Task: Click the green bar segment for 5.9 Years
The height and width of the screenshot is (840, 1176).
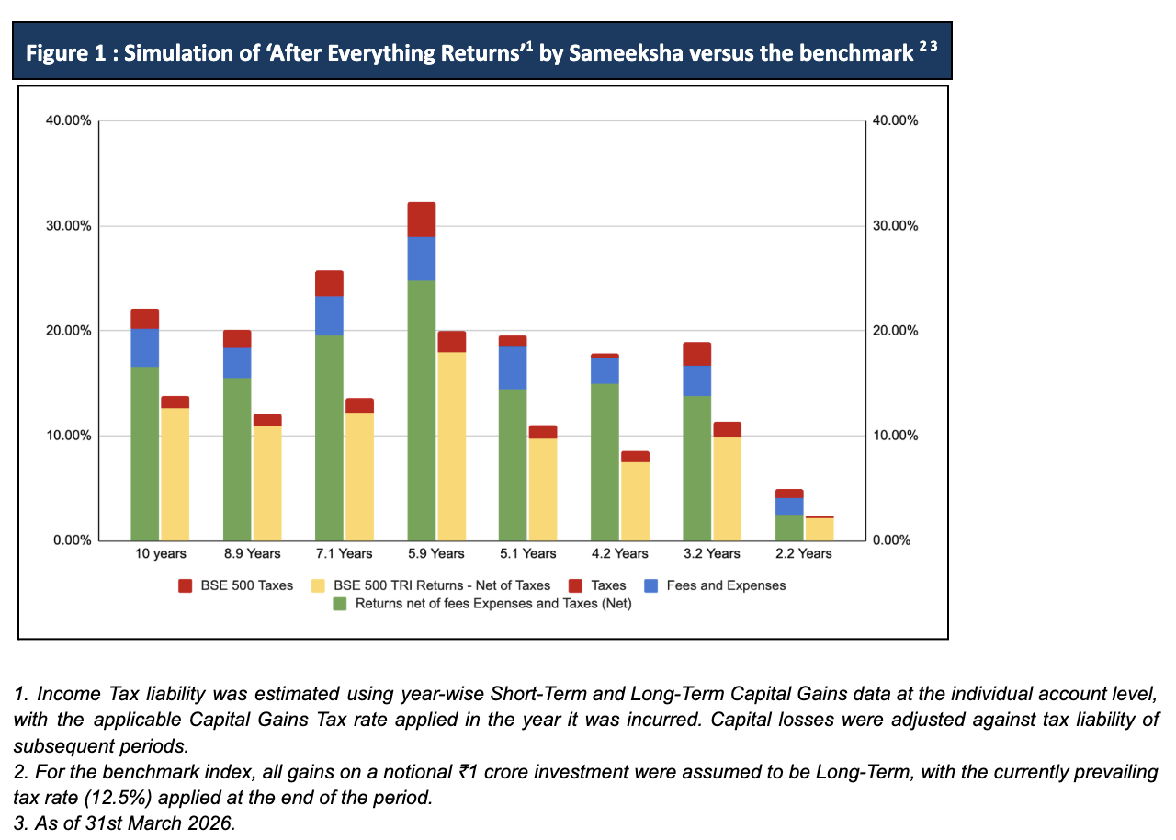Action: tap(421, 410)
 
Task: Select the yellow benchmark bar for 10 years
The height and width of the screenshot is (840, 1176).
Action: tap(175, 474)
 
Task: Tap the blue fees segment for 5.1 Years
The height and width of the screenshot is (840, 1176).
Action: tap(513, 368)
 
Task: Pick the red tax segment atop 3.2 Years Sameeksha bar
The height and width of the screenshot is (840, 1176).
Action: tap(696, 354)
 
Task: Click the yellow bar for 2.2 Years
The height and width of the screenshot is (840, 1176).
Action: tap(820, 529)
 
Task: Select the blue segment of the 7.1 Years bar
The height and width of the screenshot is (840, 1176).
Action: tap(329, 315)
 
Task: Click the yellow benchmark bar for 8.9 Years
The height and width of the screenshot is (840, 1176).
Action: tap(267, 482)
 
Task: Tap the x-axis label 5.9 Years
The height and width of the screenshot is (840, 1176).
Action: tap(436, 553)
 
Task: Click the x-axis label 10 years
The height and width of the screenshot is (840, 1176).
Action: tap(161, 553)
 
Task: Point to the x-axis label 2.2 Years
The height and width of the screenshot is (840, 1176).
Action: tap(804, 553)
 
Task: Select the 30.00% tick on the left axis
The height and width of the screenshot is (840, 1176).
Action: tap(69, 226)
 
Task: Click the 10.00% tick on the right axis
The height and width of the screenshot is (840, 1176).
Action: tap(896, 436)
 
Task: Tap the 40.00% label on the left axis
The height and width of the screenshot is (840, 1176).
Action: tap(69, 121)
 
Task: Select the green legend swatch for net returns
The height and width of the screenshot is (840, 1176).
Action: tap(340, 604)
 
